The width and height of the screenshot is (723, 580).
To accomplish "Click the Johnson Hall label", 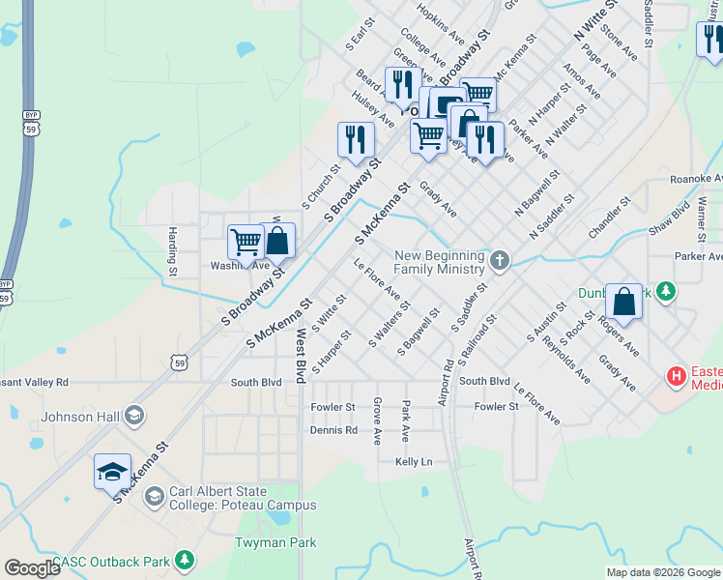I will [x=80, y=418].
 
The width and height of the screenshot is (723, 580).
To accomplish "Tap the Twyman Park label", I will [x=275, y=542].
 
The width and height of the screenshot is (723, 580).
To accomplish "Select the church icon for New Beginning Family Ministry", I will [x=499, y=260].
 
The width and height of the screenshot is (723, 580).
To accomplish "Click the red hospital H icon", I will [x=678, y=375].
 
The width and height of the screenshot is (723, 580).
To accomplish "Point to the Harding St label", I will [x=172, y=248].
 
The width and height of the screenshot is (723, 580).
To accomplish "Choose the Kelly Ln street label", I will [x=414, y=462].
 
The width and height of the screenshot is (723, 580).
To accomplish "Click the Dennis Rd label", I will [x=334, y=430].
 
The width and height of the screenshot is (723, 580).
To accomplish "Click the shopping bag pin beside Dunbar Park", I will [x=624, y=301].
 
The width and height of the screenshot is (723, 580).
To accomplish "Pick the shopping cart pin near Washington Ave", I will [x=246, y=242].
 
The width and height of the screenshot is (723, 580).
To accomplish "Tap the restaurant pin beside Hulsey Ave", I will [x=356, y=139].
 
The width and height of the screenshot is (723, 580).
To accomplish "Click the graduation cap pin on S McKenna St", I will [x=112, y=472].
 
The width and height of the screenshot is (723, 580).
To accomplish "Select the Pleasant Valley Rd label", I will [x=33, y=382].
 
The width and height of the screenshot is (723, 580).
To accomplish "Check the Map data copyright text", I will [x=663, y=572].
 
